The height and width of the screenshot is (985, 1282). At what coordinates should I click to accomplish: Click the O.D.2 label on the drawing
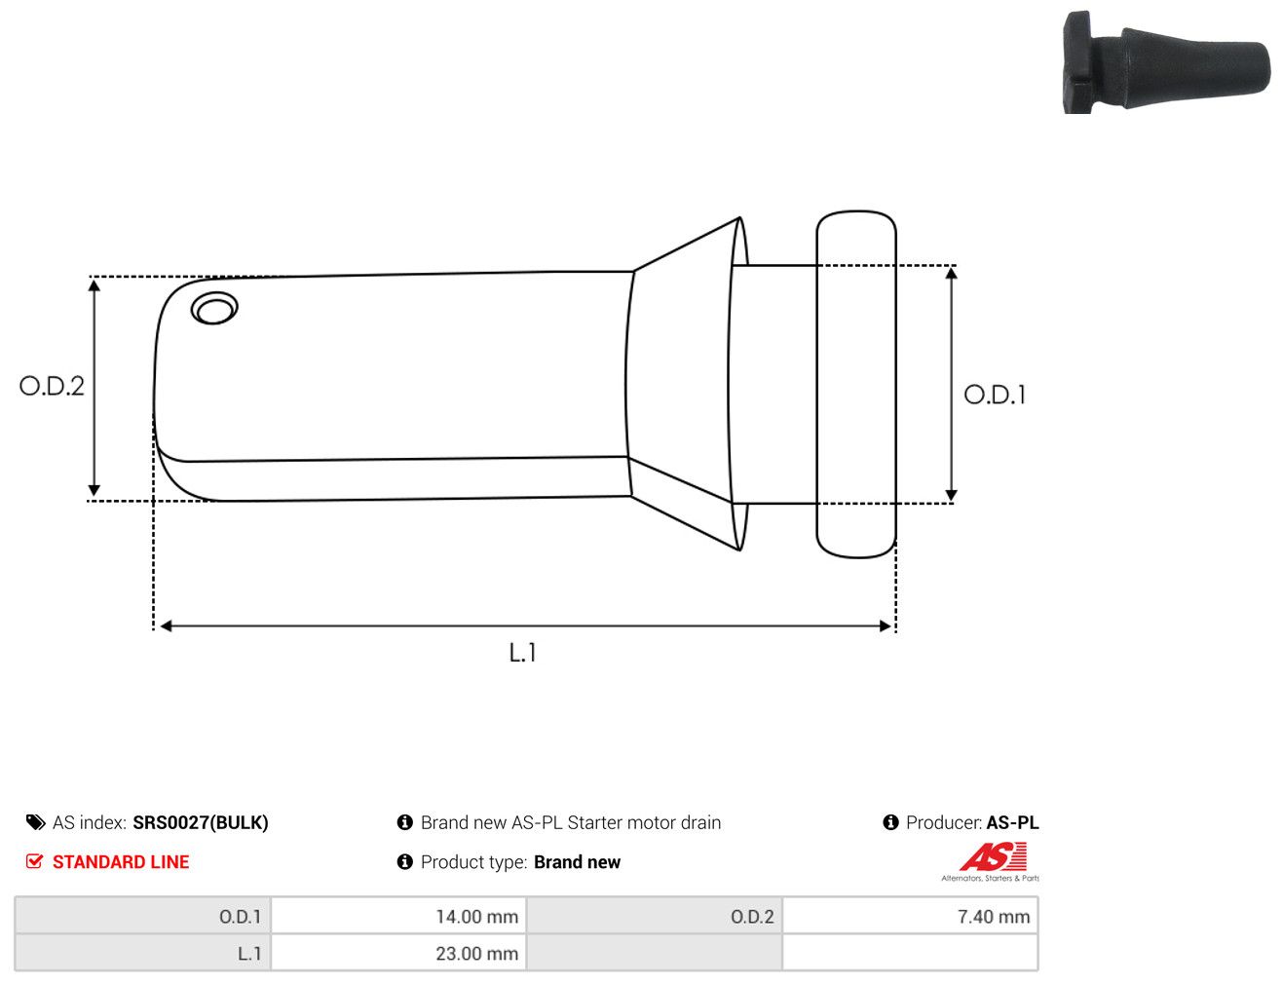point(52,387)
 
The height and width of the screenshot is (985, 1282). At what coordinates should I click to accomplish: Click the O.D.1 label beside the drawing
point(995,396)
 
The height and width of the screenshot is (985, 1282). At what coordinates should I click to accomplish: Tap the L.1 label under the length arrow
point(523,653)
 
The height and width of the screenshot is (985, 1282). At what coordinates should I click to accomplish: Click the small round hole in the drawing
point(214,308)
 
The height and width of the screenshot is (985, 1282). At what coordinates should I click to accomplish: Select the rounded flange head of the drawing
point(856,384)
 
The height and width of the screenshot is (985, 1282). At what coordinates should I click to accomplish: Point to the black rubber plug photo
point(1166,62)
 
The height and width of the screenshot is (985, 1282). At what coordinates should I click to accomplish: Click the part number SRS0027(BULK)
point(201,822)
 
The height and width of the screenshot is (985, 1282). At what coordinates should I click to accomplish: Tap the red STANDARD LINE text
point(121,861)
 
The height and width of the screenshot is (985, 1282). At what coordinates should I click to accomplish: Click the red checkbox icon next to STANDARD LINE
point(35,861)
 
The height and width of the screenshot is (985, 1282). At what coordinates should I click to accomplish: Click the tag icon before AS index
point(35,822)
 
